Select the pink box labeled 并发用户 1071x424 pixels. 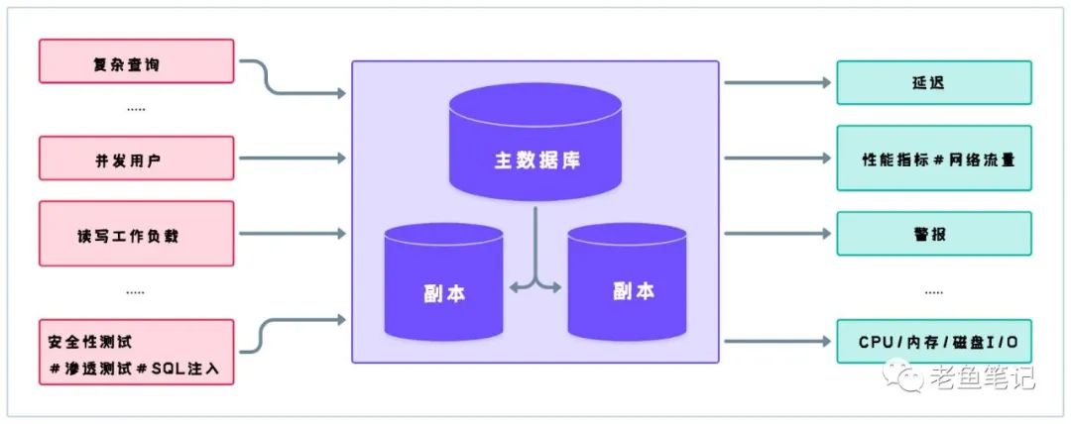[x=136, y=159]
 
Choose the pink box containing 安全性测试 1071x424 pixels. [x=136, y=353]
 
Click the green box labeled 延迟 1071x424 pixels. [x=933, y=82]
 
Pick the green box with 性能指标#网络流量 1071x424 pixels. [x=933, y=158]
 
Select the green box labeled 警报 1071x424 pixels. [x=933, y=234]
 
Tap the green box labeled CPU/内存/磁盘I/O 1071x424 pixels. [x=933, y=343]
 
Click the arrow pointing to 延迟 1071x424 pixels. [x=777, y=82]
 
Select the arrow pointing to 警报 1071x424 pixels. [x=777, y=234]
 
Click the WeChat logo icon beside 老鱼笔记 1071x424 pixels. [x=906, y=375]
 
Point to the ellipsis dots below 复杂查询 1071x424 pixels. [x=136, y=109]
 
